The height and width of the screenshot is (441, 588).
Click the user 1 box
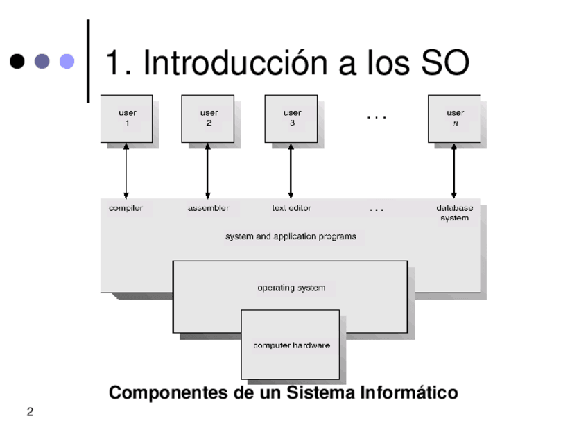coord(126,119)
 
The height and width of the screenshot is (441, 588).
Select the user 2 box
coord(207,119)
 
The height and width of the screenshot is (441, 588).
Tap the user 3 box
coord(291,119)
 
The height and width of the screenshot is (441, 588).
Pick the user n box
coord(454,119)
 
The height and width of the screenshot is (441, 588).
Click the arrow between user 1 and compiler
coord(126,171)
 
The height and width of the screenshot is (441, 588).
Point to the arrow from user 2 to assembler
coord(207,171)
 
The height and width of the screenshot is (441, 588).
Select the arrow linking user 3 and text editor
coord(291,171)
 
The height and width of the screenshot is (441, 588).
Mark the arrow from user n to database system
coord(454,171)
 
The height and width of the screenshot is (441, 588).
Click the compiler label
coord(126,208)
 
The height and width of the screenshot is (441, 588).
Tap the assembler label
coord(208,208)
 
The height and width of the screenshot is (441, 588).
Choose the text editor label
coord(291,208)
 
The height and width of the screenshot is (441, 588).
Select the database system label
coord(454,213)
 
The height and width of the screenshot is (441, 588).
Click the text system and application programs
coord(291,236)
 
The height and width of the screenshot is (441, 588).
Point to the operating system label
coord(291,288)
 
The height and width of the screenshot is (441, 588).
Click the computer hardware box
coord(291,345)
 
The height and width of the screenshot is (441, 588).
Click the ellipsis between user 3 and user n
coord(376,116)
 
